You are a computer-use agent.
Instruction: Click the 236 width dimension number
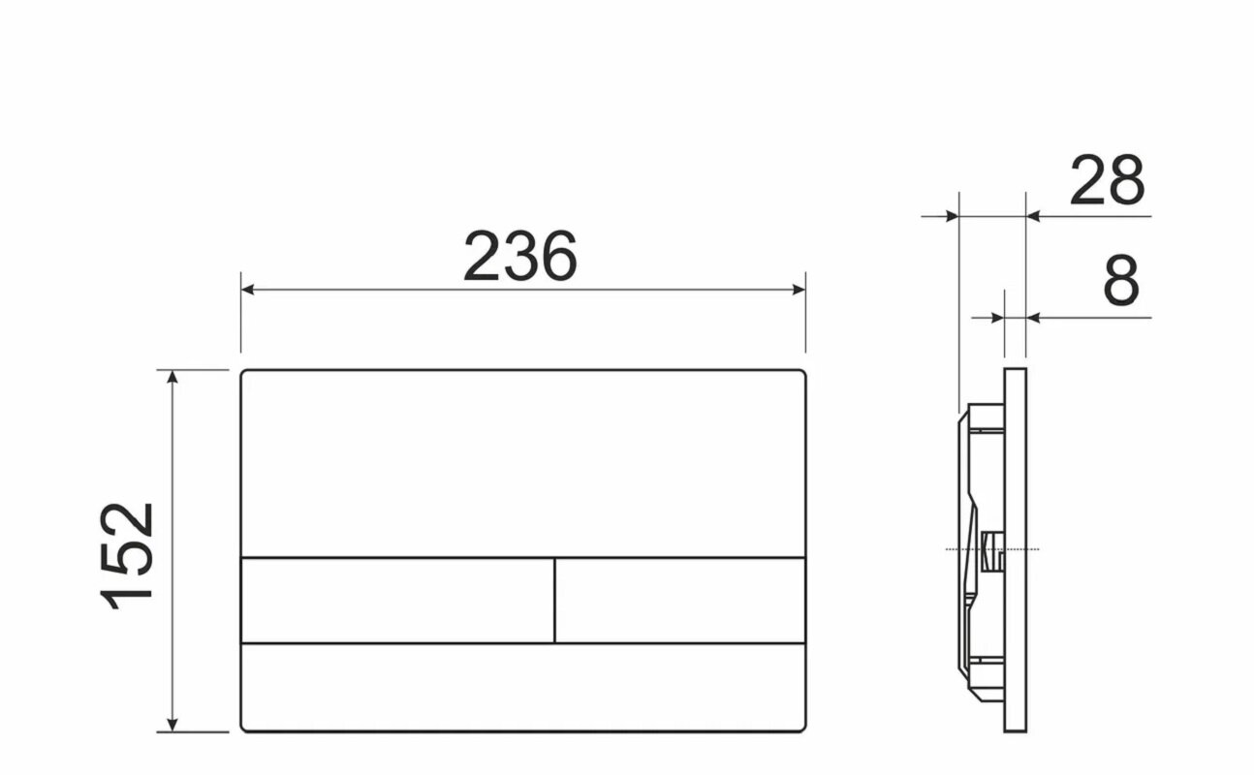(520, 256)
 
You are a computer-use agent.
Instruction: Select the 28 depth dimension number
(1107, 180)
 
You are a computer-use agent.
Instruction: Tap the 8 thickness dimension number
(1121, 280)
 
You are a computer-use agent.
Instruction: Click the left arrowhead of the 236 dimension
(247, 290)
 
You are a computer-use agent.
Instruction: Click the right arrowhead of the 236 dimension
(799, 290)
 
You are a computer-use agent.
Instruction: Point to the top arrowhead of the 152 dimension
(172, 377)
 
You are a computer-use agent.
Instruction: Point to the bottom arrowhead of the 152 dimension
(172, 725)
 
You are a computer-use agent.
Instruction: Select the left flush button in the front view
(397, 601)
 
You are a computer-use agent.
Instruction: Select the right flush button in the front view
(680, 601)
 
